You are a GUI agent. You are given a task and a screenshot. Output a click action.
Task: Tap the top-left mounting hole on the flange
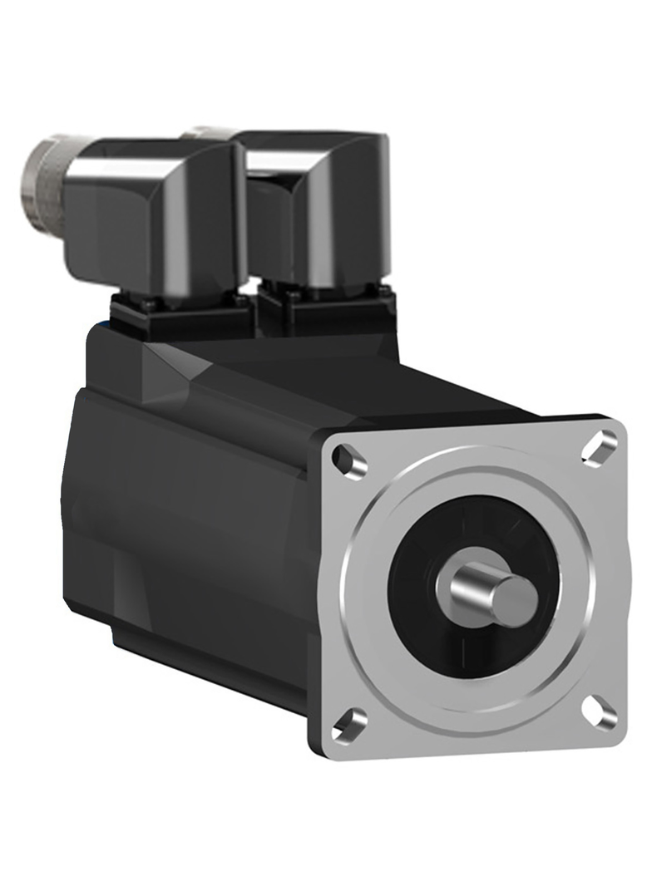point(348,460)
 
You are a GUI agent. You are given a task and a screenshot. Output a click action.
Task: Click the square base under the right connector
point(324,309)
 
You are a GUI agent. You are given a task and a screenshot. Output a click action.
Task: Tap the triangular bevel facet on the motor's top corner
point(170,366)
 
